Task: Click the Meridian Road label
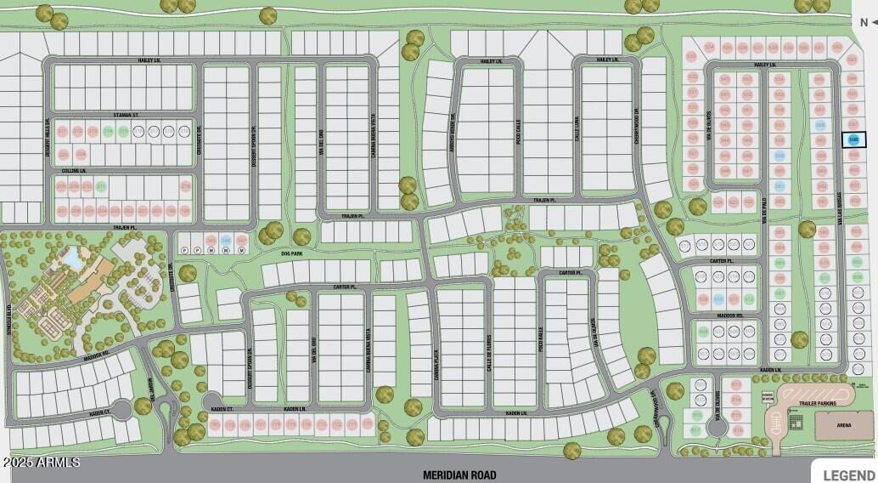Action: pyautogui.click(x=459, y=475)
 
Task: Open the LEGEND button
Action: pyautogui.click(x=847, y=474)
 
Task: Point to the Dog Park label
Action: pyautogui.click(x=291, y=253)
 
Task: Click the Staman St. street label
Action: pyautogui.click(x=125, y=115)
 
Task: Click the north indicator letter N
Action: pyautogui.click(x=864, y=23)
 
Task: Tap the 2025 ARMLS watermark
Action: pyautogui.click(x=41, y=462)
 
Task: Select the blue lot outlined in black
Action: pyautogui.click(x=854, y=139)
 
